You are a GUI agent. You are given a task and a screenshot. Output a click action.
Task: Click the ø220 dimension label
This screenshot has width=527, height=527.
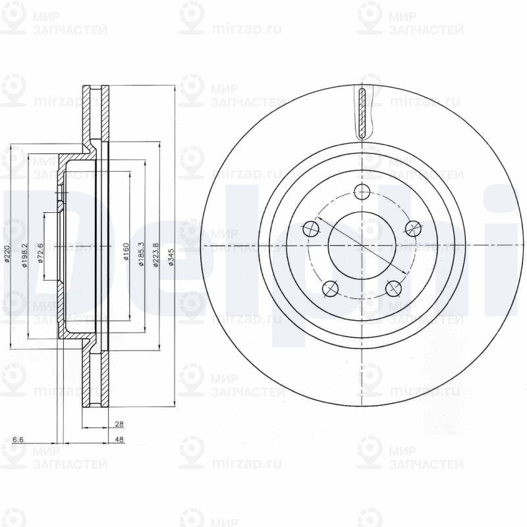tap(7, 254)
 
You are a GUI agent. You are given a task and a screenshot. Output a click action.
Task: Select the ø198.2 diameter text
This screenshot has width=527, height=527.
tap(24, 254)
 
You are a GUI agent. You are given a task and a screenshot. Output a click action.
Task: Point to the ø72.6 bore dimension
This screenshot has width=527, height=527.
tap(40, 254)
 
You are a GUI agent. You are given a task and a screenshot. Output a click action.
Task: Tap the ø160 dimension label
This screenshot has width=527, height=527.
tap(125, 254)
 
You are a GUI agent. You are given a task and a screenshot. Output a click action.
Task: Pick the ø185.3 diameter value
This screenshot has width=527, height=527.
tap(140, 254)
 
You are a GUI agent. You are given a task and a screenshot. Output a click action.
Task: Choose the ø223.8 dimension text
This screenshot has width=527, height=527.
tap(156, 254)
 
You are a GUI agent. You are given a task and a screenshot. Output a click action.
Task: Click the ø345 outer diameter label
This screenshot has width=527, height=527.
tap(171, 254)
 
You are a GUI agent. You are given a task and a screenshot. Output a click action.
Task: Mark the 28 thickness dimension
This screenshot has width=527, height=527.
tap(119, 425)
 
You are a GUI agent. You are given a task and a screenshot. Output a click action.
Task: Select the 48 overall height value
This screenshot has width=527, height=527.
tap(119, 439)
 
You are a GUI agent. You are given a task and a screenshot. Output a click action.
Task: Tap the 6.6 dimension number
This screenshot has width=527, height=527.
tap(18, 439)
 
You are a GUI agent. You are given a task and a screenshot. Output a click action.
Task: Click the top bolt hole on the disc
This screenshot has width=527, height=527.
tap(362, 192)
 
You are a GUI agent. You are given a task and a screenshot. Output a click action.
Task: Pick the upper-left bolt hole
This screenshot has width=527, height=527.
tap(311, 229)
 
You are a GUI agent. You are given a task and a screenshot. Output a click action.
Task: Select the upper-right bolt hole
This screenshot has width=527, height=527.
tap(412, 229)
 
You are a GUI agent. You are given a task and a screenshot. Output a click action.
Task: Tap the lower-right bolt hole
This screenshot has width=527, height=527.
tap(393, 288)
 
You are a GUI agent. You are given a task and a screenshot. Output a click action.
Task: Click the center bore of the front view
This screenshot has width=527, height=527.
tap(362, 246)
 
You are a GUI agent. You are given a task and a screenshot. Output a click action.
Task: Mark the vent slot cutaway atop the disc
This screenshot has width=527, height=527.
tap(362, 113)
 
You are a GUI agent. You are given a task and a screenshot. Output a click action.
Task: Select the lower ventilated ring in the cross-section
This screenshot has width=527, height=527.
tap(95, 382)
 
